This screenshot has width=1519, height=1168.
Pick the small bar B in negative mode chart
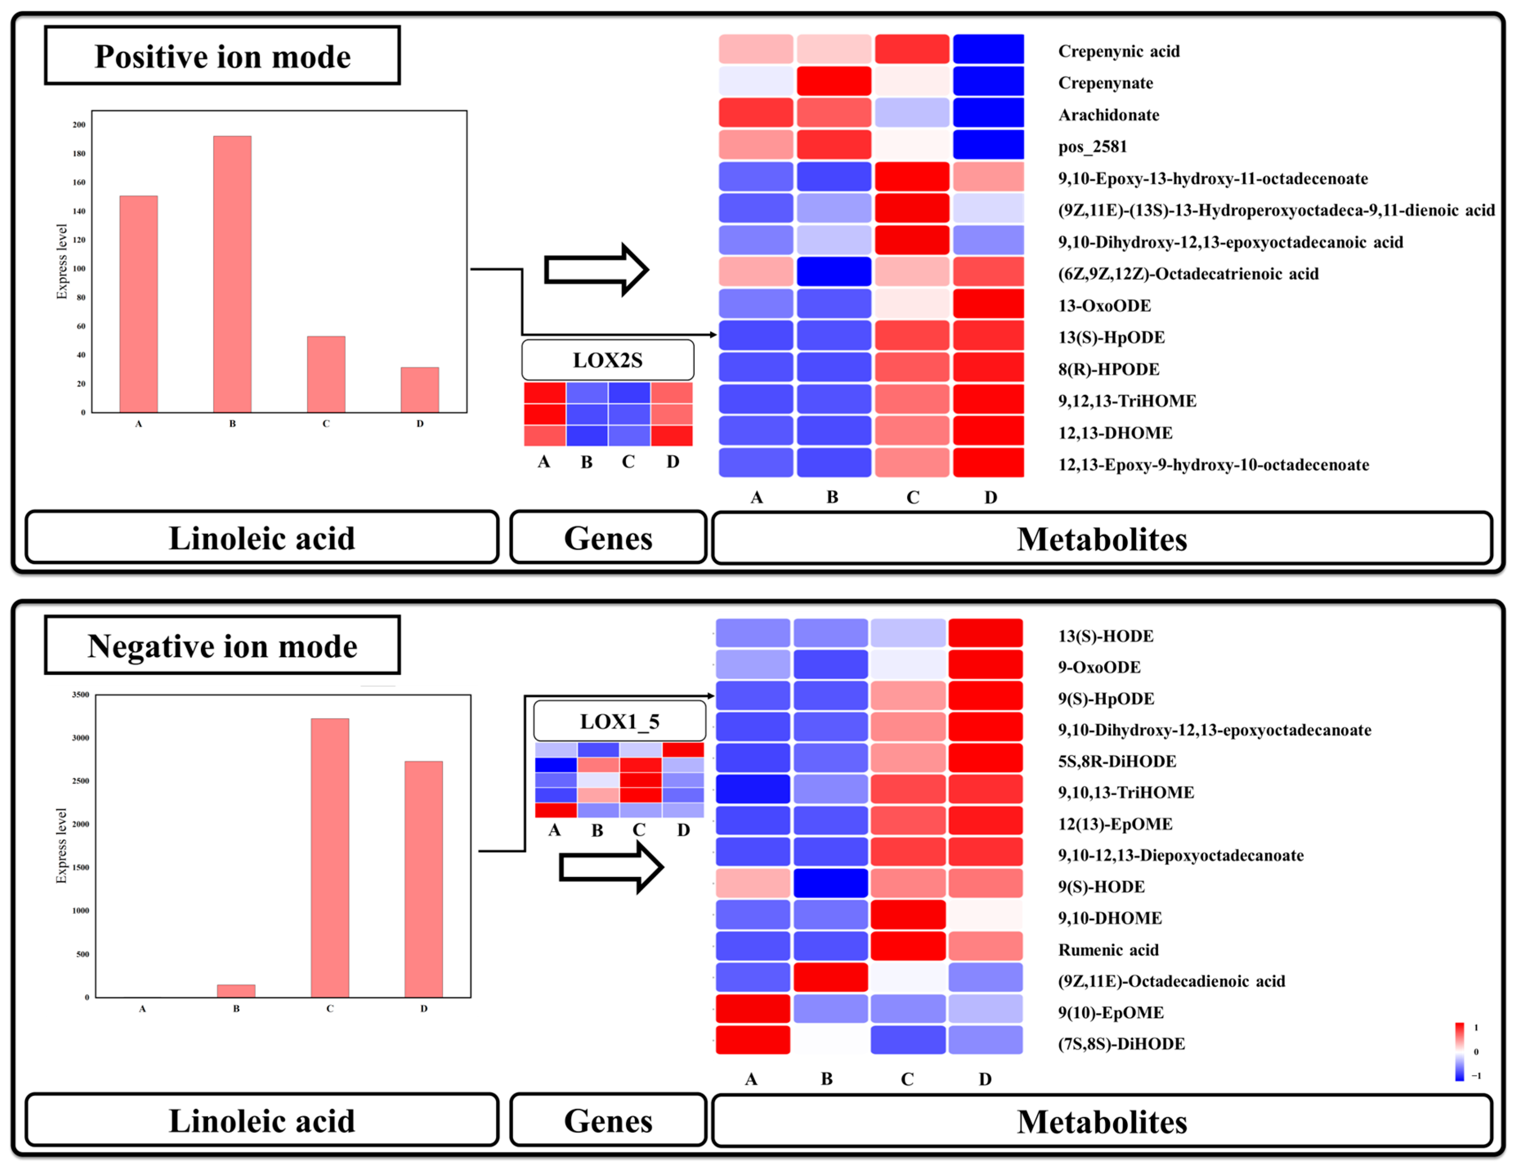click(236, 991)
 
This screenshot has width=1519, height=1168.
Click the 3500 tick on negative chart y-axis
click(81, 695)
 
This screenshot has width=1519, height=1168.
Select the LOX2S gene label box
click(607, 360)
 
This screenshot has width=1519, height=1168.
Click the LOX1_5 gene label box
click(619, 721)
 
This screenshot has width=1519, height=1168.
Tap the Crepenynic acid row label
click(1119, 51)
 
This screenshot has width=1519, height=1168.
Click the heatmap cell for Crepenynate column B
click(833, 81)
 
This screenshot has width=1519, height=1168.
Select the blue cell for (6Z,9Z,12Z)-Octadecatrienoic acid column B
click(833, 272)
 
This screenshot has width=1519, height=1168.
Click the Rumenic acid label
click(1108, 950)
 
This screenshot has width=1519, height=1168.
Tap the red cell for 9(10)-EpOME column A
click(752, 1009)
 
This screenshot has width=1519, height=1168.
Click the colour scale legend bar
click(1459, 1051)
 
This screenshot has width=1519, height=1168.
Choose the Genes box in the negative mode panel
click(608, 1121)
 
